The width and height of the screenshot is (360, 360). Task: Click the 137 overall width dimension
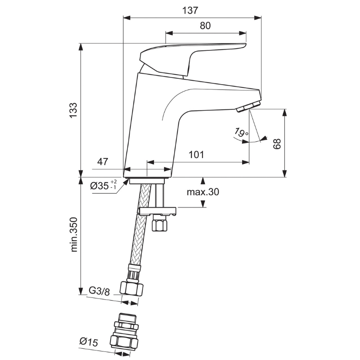tap(190, 10)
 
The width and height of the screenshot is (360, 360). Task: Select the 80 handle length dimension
tap(205, 26)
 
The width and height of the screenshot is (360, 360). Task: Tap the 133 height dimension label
tap(74, 110)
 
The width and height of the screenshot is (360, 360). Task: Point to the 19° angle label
tap(241, 132)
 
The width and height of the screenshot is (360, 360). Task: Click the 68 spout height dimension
tap(277, 144)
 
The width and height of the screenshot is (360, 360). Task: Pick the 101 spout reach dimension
tap(196, 155)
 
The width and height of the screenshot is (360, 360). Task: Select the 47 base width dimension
tap(103, 162)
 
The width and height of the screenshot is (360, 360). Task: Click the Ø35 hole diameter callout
tap(103, 185)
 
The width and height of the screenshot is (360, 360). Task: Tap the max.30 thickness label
tap(203, 192)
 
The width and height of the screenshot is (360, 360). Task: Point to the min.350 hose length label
tap(74, 234)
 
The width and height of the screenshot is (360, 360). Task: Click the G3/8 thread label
tap(99, 292)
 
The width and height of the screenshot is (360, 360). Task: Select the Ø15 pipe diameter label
tap(89, 342)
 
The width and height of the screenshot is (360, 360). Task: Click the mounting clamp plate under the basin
tap(157, 211)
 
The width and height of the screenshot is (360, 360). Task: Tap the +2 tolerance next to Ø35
tap(113, 182)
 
